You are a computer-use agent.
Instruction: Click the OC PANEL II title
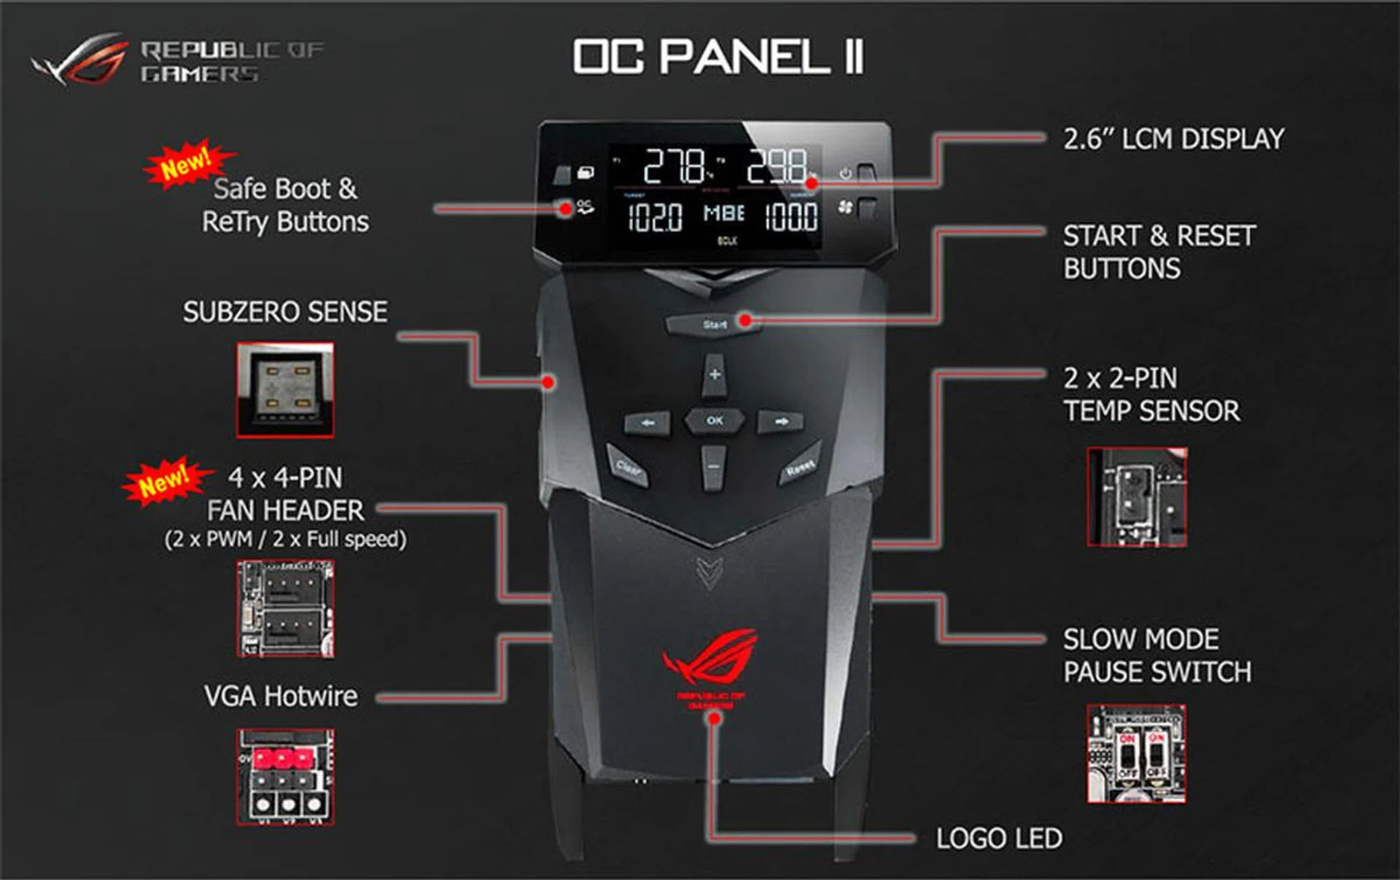pyautogui.click(x=718, y=56)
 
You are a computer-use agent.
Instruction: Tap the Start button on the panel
pyautogui.click(x=713, y=324)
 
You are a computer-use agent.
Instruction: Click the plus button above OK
pyautogui.click(x=715, y=375)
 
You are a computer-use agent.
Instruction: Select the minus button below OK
pyautogui.click(x=714, y=467)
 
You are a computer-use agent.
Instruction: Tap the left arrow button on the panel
pyautogui.click(x=647, y=422)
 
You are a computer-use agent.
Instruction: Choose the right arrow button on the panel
pyautogui.click(x=781, y=422)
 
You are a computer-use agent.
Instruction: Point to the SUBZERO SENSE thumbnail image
pyautogui.click(x=285, y=390)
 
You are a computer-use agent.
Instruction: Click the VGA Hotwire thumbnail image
pyautogui.click(x=285, y=776)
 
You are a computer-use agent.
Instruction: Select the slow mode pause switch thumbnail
pyautogui.click(x=1136, y=754)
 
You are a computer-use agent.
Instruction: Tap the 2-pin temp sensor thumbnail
pyautogui.click(x=1136, y=497)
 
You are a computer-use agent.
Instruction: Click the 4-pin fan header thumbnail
pyautogui.click(x=285, y=609)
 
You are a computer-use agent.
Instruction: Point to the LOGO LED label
pyautogui.click(x=998, y=838)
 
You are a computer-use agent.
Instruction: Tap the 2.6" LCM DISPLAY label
pyautogui.click(x=1173, y=139)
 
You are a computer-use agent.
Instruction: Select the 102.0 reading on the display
pyautogui.click(x=655, y=217)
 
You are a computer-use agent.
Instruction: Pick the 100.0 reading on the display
pyautogui.click(x=790, y=217)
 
